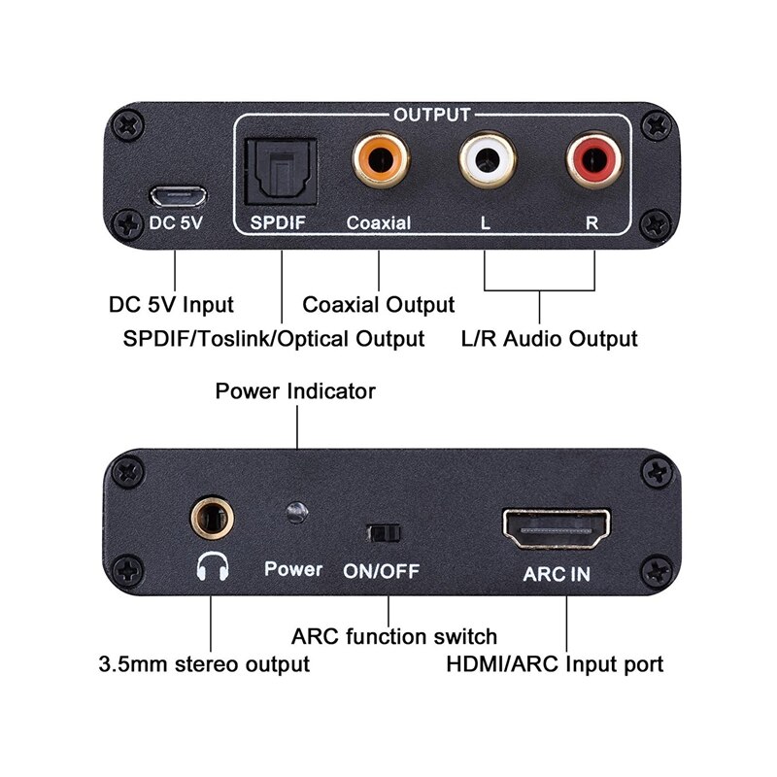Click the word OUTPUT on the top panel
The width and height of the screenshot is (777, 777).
click(x=431, y=115)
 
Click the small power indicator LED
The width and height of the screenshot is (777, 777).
click(x=296, y=513)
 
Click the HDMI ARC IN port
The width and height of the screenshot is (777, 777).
click(x=556, y=528)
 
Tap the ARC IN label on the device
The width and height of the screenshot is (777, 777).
click(x=557, y=573)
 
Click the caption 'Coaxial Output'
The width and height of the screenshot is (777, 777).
click(x=379, y=305)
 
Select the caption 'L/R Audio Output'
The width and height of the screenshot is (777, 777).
click(x=549, y=339)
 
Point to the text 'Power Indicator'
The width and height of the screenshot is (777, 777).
click(x=295, y=391)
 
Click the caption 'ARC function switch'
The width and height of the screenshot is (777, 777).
click(x=394, y=637)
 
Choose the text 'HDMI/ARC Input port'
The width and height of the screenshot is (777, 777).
click(x=555, y=665)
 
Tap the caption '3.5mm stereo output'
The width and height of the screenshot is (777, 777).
click(x=204, y=665)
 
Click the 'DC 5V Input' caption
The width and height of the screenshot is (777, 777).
click(x=171, y=305)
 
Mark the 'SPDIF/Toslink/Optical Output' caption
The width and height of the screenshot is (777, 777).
click(x=275, y=339)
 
